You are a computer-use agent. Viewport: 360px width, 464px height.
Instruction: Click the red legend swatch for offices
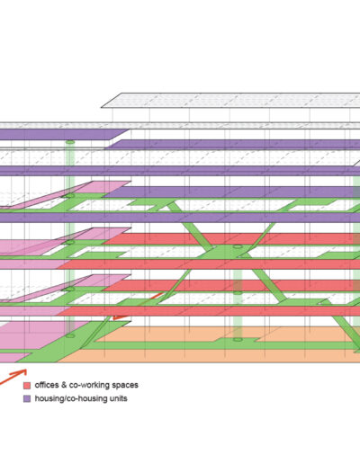coord(27,385)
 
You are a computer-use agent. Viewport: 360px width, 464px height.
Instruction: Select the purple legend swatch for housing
coord(27,398)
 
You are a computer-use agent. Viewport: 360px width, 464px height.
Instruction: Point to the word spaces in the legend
coord(124,386)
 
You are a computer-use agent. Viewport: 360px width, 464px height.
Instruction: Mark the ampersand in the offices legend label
coord(64,385)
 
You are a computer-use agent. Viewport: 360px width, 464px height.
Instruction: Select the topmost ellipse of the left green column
coord(70,142)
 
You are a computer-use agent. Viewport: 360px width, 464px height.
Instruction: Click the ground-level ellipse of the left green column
coord(70,336)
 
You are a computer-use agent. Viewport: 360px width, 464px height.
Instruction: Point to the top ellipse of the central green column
coord(238,246)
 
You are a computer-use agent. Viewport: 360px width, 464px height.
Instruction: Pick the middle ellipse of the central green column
coord(238,293)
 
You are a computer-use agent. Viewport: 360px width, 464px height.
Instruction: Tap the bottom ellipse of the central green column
coord(238,340)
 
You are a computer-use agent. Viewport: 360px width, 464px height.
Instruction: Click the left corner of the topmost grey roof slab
coord(102,107)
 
